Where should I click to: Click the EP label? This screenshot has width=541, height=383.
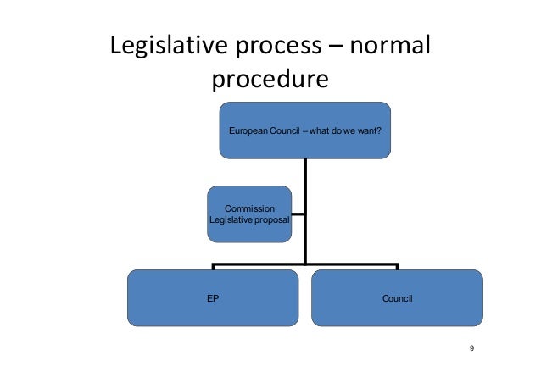tap(213, 298)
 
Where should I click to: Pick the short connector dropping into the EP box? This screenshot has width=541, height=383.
tap(212, 268)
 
